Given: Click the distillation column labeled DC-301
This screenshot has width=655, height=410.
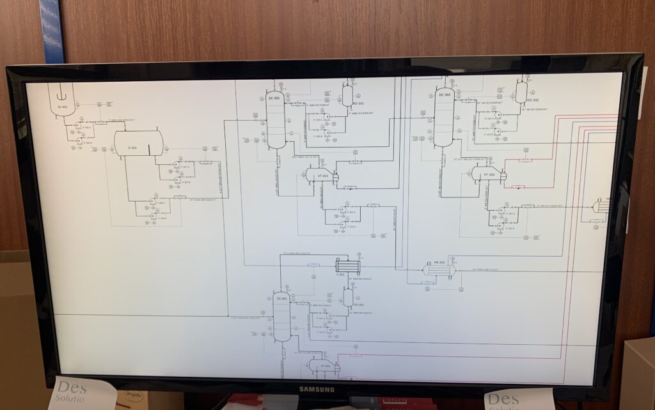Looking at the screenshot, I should pos(276,120).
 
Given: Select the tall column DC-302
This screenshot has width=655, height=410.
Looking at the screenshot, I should pos(444,118).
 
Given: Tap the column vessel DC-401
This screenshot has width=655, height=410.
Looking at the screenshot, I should pos(281,317).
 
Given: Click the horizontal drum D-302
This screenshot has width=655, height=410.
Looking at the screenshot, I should pos(138,143).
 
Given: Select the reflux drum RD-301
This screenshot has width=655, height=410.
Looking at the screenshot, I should pos(347,95).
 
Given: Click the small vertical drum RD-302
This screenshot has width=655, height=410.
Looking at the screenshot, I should pos(521,92).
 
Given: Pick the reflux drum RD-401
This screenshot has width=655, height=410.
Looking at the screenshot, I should pos(348,297).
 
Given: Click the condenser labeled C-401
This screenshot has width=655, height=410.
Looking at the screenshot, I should pos(348,266).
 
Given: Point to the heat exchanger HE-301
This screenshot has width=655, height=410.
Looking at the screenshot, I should pos(439,270).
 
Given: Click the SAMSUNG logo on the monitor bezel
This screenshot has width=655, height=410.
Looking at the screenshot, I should pos(317,389).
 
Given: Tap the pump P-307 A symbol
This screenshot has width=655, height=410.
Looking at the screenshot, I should pos(176,164).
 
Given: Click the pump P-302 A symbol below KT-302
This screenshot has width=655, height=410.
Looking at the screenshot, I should pos(501,209).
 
